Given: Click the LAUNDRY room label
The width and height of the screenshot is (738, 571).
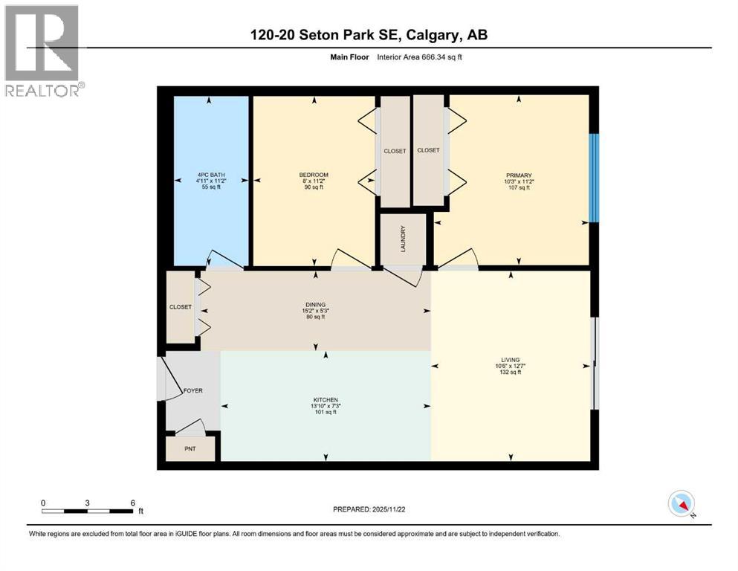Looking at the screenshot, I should [x=403, y=239].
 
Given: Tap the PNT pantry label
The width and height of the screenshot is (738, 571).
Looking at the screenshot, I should [x=190, y=450].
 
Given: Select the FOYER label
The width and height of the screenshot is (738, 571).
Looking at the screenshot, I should [x=193, y=390].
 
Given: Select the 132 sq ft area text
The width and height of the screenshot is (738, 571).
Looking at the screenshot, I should [x=510, y=372].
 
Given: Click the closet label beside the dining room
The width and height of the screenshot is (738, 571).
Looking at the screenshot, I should [x=181, y=307].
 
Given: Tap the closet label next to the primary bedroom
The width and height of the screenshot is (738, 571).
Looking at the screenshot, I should [x=428, y=150].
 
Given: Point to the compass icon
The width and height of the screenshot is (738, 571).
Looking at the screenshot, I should [x=682, y=504].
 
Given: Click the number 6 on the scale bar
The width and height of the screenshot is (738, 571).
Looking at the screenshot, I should [x=132, y=503].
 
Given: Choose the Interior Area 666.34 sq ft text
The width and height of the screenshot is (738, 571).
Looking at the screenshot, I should [x=420, y=57].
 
